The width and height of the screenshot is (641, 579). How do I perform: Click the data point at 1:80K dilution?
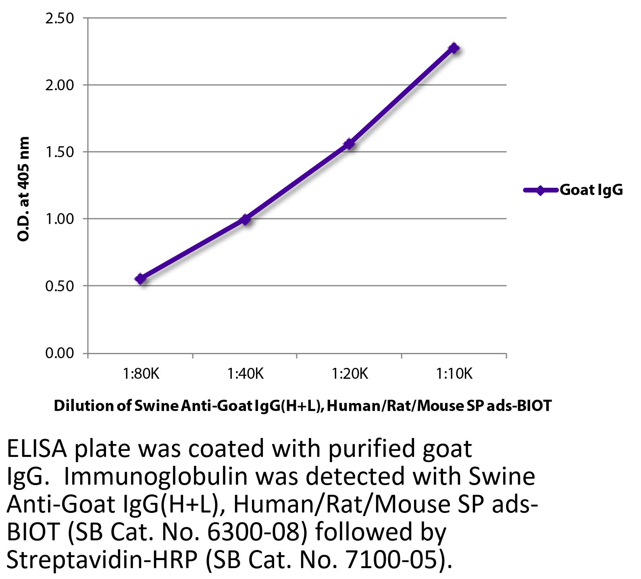141,278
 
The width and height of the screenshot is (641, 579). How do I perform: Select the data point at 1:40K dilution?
245,220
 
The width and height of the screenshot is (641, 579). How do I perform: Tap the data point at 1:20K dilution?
349,144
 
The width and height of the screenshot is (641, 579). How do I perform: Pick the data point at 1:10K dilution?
454,48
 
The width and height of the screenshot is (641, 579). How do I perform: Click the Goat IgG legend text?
591,190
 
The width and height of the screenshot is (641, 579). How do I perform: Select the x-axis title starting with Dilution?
302,406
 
